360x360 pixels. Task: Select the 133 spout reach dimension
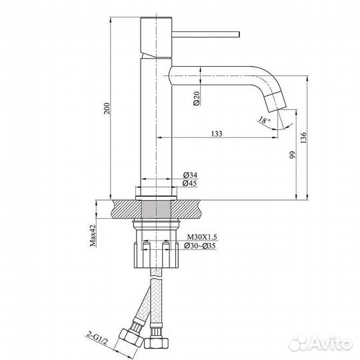coord(217,133)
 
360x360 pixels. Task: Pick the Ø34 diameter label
coord(190,175)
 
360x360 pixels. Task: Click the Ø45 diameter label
coord(190,184)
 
